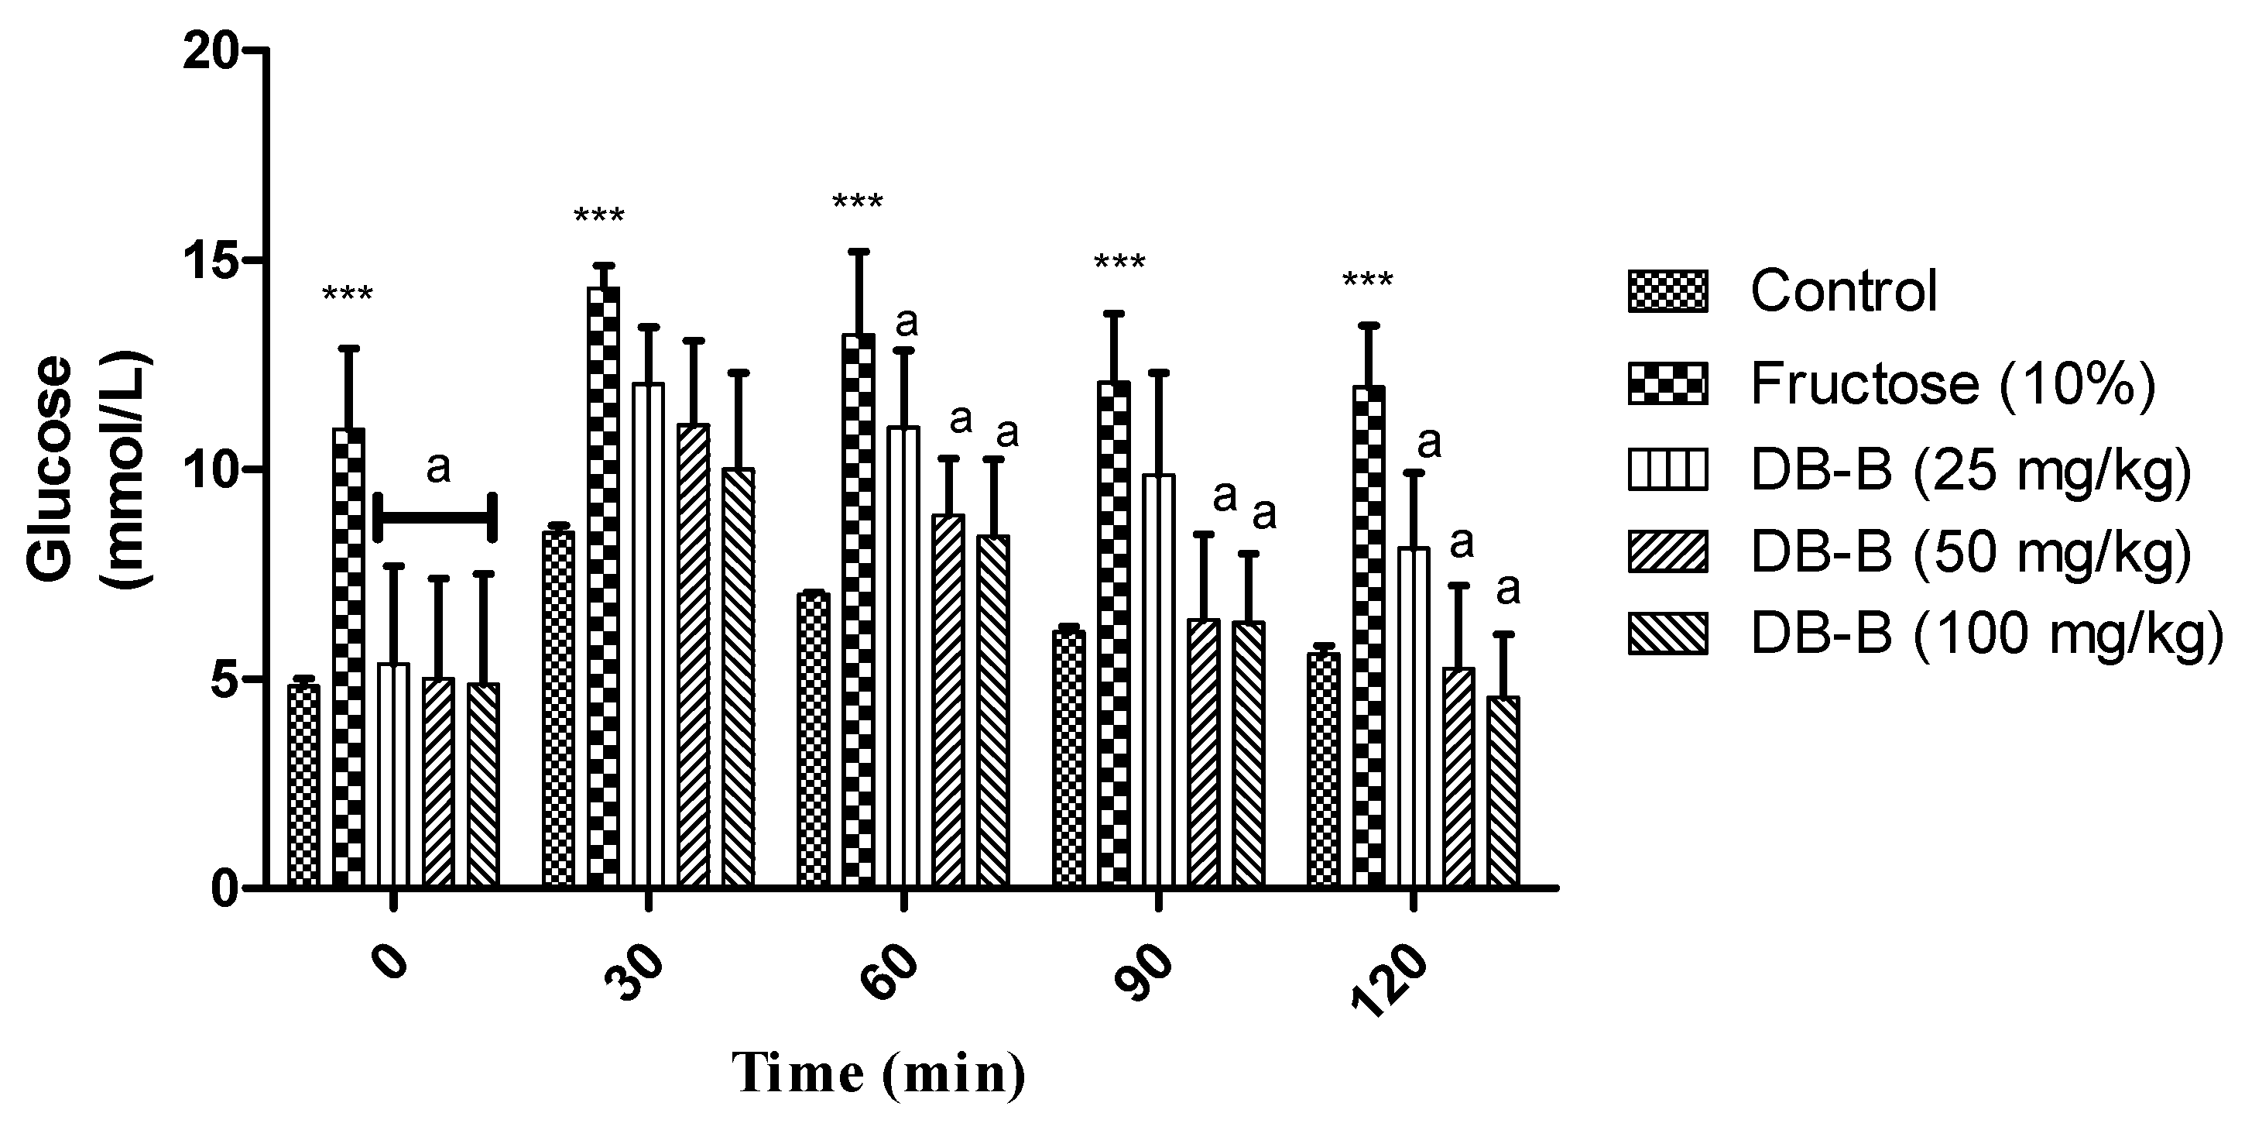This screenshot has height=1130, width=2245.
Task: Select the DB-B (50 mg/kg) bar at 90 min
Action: (1204, 754)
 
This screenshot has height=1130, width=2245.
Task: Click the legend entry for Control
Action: (1843, 291)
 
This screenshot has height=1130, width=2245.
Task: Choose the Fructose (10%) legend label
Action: (1952, 383)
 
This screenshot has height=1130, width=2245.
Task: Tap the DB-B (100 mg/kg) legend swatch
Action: (1667, 634)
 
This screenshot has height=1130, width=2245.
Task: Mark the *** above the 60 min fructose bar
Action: (858, 204)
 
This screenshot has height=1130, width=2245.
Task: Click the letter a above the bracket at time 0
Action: (437, 469)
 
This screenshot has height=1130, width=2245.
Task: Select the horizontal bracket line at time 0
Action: (434, 518)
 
